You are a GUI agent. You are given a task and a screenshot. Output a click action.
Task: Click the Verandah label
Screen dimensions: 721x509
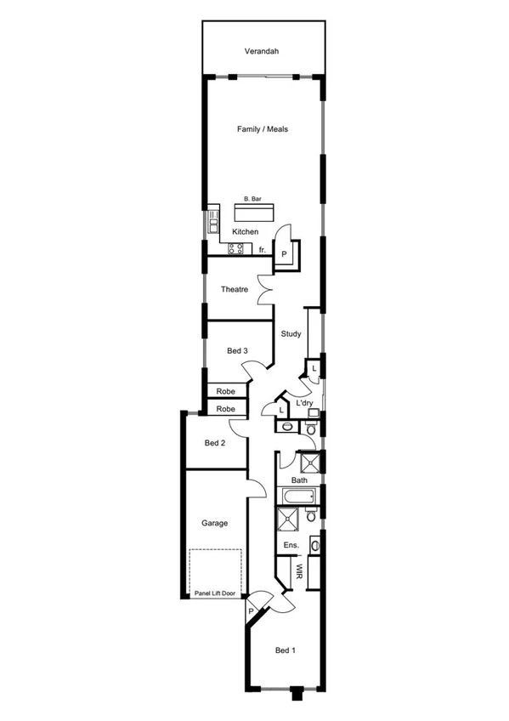coord(262,52)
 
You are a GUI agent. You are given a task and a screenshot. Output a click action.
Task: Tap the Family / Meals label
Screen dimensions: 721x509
coord(263,129)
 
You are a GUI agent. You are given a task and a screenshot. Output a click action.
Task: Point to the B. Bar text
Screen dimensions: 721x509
coord(252,198)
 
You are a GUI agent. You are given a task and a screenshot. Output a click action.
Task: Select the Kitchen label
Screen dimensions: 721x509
coord(246,231)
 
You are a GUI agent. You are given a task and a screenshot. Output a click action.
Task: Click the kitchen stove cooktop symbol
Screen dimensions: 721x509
coord(235,249)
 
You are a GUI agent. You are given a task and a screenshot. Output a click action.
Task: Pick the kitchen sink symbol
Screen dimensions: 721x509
coord(211,226)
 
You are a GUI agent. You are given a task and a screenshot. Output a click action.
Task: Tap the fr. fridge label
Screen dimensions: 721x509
coord(263,250)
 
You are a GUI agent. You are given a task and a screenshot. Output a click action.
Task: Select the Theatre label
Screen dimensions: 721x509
coord(235,290)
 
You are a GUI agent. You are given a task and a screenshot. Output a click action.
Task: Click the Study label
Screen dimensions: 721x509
coord(291,334)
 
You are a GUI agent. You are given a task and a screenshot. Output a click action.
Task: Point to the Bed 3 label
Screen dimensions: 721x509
coord(237,350)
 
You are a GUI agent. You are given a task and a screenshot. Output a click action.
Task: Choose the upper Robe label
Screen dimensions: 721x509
coord(225,392)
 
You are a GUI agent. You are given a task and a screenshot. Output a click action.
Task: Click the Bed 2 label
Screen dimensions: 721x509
coord(215,443)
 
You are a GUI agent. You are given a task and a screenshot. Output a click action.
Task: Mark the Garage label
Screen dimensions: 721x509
coord(214,524)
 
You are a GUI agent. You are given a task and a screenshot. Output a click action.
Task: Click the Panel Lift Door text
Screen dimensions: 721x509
coord(215,593)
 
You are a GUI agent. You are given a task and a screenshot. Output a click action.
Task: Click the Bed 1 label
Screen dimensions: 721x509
coord(286,650)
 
